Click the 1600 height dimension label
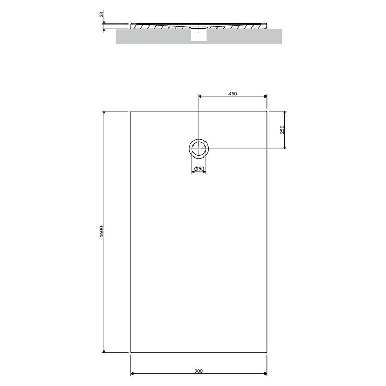[102, 232]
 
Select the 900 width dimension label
[198, 371]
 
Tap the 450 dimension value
[233, 94]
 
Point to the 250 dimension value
[282, 129]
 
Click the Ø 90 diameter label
[199, 169]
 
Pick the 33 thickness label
[102, 14]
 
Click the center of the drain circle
[199, 149]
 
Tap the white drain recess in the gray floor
[199, 35]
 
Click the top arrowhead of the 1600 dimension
[104, 113]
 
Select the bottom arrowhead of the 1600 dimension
[104, 351]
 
